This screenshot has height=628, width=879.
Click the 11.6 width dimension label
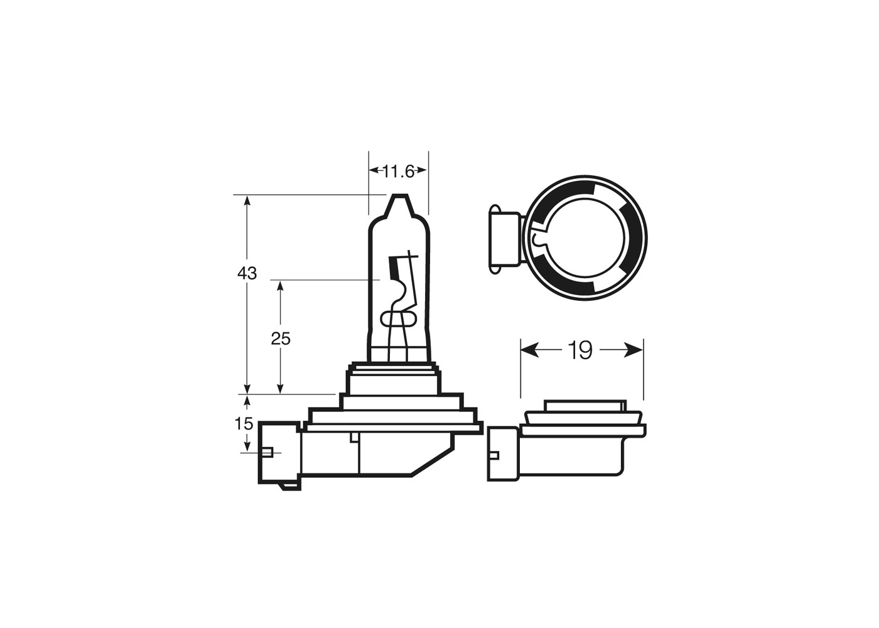pyautogui.click(x=399, y=171)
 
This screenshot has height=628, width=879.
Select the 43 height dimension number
pyautogui.click(x=247, y=274)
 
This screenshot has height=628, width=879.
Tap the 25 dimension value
pyautogui.click(x=281, y=338)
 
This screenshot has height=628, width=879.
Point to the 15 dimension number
pyautogui.click(x=244, y=424)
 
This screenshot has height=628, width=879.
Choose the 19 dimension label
pyautogui.click(x=580, y=350)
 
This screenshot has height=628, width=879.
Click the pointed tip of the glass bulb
pyautogui.click(x=399, y=197)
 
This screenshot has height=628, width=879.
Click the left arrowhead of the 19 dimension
pyautogui.click(x=529, y=350)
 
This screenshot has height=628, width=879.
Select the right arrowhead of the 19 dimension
pyautogui.click(x=634, y=350)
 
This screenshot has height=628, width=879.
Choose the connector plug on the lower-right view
pyautogui.click(x=504, y=454)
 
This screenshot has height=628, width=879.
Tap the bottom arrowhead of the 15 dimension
pyautogui.click(x=247, y=447)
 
